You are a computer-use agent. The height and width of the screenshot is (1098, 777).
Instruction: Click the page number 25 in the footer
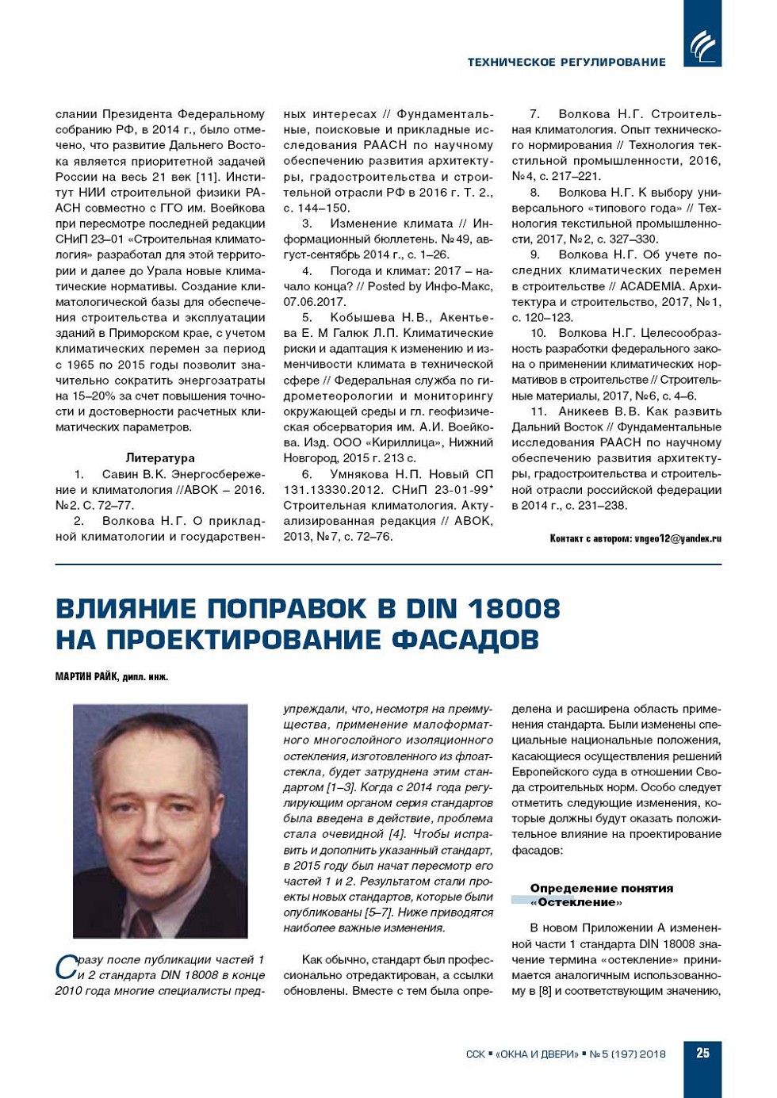702,1053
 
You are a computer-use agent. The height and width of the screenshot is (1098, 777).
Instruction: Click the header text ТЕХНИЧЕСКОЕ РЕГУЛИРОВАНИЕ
566,62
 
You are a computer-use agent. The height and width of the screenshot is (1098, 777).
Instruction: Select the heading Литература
160,458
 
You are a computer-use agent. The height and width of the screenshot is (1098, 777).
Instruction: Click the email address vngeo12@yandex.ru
678,539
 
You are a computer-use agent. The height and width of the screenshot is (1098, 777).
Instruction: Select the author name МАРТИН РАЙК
86,677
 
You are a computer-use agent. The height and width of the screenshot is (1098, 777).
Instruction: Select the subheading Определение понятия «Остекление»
601,895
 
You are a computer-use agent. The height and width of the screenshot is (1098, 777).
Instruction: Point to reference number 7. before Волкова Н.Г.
535,114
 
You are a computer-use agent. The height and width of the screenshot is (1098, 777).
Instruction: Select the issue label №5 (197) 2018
628,1054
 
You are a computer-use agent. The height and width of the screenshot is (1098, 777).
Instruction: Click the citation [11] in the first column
208,177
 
